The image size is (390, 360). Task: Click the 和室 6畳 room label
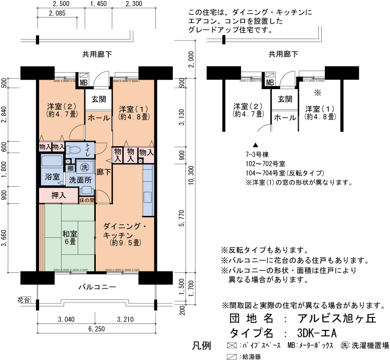pyautogui.click(x=70, y=237)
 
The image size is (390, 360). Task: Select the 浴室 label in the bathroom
pyautogui.click(x=53, y=177)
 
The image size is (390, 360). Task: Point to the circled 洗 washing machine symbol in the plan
pyautogui.click(x=85, y=167)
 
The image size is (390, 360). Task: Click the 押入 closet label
pyautogui.click(x=59, y=196)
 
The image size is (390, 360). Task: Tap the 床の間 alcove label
pyautogui.click(x=87, y=200)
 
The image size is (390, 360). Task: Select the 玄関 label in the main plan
pyautogui.click(x=99, y=99)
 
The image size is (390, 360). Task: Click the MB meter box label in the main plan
pyautogui.click(x=84, y=83)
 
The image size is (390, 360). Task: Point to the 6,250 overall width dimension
pyautogui.click(x=97, y=329)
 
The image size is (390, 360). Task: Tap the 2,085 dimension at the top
pyautogui.click(x=57, y=14)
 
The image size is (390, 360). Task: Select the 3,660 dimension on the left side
pyautogui.click(x=4, y=238)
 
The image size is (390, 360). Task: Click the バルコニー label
pyautogui.click(x=97, y=287)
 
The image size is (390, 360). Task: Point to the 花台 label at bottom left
pyautogui.click(x=24, y=300)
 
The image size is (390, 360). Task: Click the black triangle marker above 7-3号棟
pyautogui.click(x=256, y=145)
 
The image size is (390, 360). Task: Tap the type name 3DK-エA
pyautogui.click(x=317, y=333)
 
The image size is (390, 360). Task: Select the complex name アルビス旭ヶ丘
pyautogui.click(x=337, y=318)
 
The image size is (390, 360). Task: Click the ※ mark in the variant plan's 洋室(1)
pyautogui.click(x=318, y=93)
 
